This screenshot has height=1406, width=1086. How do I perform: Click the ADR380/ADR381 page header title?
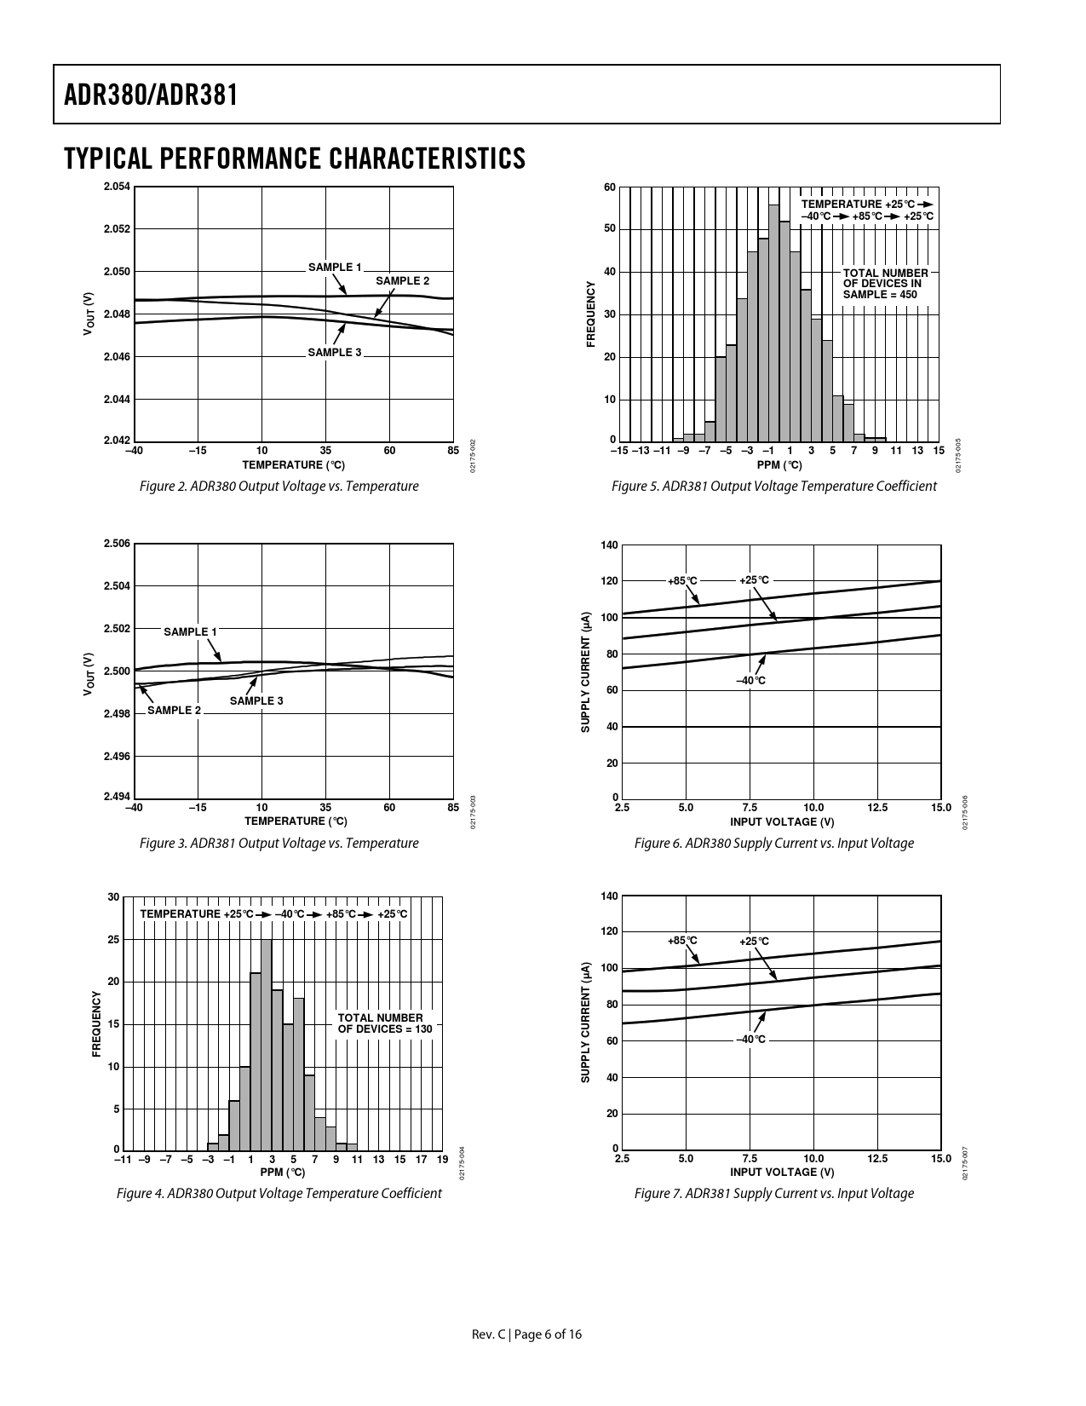click(151, 95)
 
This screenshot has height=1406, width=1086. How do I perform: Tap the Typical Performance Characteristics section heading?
click(295, 158)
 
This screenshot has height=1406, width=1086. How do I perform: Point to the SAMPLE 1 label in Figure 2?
click(335, 268)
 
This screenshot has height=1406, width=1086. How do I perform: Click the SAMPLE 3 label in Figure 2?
click(335, 353)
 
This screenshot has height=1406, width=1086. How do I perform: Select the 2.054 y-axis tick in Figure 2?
click(118, 187)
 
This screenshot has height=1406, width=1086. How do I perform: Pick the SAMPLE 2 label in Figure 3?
click(175, 711)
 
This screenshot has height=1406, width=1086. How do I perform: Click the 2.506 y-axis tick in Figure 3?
click(118, 544)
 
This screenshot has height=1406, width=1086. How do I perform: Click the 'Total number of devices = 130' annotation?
click(385, 1023)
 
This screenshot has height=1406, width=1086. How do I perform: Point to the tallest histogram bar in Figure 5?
click(773, 322)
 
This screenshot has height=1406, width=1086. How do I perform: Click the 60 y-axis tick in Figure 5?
click(610, 187)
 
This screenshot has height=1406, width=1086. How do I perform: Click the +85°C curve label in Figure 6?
click(682, 581)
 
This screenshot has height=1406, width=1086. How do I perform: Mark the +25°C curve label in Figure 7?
click(754, 942)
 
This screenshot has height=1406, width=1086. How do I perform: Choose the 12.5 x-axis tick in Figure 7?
click(877, 1159)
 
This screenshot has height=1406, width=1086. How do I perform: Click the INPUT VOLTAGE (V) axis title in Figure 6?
click(782, 822)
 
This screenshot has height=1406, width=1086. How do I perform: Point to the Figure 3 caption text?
click(279, 844)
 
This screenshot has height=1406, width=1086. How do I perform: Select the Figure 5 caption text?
click(773, 487)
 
